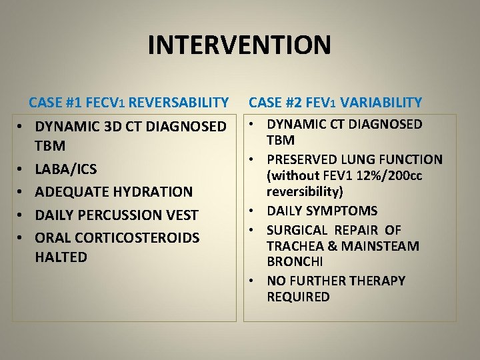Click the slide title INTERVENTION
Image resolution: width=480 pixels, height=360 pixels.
pyautogui.click(x=239, y=45)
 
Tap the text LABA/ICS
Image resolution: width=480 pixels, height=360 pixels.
pyautogui.click(x=65, y=169)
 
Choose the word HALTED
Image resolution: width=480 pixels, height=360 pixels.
pyautogui.click(x=61, y=257)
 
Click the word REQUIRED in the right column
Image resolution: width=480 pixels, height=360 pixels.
pyautogui.click(x=298, y=297)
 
